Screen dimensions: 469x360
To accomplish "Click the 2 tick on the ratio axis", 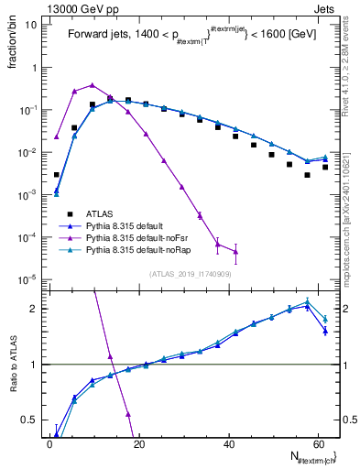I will pyautogui.click(x=34, y=309).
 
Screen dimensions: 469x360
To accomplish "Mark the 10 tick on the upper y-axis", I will pyautogui.click(x=32, y=25).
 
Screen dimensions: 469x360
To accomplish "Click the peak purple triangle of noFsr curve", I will pyautogui.click(x=92, y=84).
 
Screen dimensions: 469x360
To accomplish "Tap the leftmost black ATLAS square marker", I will pyautogui.click(x=57, y=174).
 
